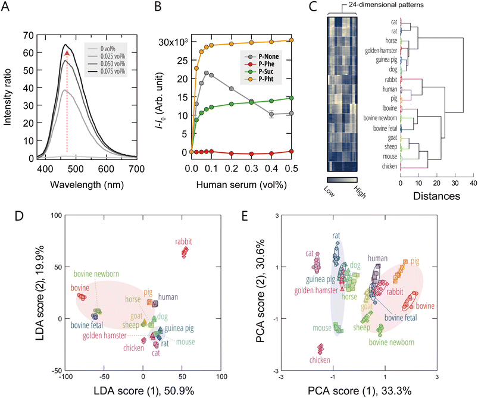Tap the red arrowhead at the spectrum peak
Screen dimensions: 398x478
coord(67,54)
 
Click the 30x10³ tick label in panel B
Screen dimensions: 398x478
coord(173,42)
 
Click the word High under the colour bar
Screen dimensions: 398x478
coord(355,190)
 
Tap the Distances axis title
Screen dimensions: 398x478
coord(436,195)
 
